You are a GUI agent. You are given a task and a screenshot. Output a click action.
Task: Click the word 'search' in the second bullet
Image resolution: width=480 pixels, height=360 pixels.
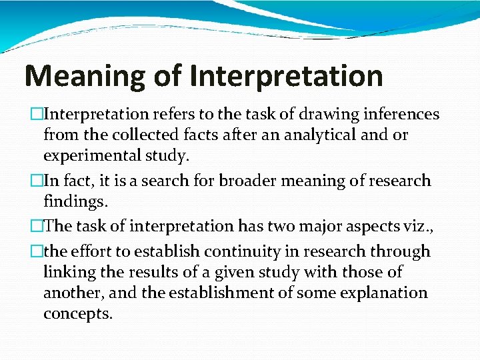tap(169, 181)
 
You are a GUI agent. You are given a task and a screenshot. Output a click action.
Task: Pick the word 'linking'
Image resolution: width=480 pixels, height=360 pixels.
tap(68, 272)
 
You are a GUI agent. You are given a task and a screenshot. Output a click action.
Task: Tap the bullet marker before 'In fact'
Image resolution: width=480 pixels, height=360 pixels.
tap(37, 181)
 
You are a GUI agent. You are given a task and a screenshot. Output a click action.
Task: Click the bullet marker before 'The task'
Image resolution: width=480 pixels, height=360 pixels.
tap(37, 226)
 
